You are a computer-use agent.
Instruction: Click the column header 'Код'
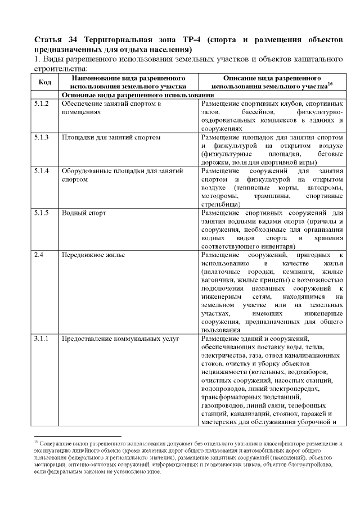44,82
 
